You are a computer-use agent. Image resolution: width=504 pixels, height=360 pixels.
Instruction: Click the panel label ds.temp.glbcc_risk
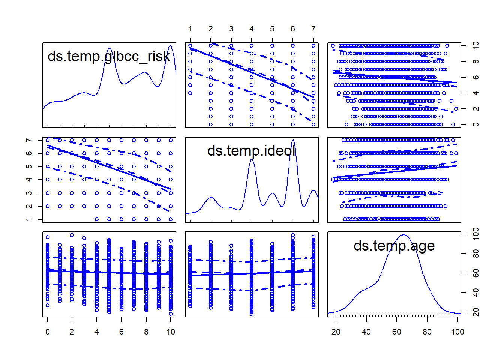coord(109,56)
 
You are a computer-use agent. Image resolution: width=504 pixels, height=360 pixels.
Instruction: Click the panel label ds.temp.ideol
coord(251,151)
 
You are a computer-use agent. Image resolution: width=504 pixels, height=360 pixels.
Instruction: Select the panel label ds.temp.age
coord(394,246)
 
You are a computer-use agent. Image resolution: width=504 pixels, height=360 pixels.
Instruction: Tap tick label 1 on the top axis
coord(190,29)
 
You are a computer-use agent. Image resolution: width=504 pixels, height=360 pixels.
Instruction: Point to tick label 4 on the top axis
coord(252,29)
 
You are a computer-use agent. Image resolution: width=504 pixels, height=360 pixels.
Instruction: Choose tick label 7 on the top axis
coord(313,29)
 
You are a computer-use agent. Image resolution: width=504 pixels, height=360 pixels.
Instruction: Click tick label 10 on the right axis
coord(476,46)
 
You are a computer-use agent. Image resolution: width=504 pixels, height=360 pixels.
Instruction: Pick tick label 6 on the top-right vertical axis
coord(476,77)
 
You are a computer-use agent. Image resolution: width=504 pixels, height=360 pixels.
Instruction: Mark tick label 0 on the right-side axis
coord(476,124)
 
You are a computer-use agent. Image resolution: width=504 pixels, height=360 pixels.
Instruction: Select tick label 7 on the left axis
coord(29,140)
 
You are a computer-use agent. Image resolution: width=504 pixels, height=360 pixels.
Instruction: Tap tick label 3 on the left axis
coord(29,193)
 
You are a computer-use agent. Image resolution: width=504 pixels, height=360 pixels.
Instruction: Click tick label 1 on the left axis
coord(29,219)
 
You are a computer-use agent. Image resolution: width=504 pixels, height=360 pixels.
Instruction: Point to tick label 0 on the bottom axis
coord(48,332)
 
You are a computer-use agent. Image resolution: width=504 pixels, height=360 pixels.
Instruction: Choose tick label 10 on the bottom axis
coord(171,332)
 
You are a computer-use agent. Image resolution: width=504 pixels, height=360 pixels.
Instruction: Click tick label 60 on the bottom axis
coord(397,332)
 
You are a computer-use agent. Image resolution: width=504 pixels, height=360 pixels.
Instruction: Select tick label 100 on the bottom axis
coord(457,332)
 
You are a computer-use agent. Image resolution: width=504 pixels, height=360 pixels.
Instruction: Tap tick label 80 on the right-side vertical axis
coord(476,253)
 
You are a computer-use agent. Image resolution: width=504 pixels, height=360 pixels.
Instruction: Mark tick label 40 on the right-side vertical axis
coord(476,292)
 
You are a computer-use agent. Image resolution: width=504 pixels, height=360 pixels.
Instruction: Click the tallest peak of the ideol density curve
coord(293,140)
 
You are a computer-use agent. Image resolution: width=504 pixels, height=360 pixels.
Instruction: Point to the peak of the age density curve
coord(403,235)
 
